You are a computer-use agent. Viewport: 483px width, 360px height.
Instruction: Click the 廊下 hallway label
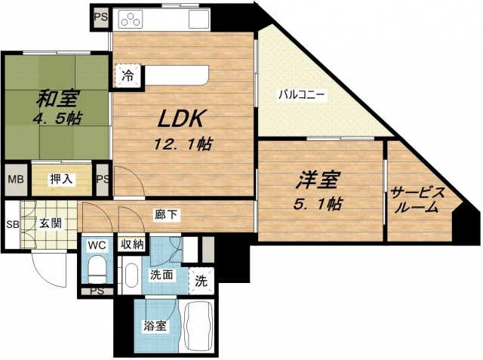coord(168,215)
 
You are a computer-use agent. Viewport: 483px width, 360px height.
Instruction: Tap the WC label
coord(97,245)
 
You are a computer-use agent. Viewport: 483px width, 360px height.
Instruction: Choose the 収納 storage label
coord(134,245)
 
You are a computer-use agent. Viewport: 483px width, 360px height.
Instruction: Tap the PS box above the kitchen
coord(101,14)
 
